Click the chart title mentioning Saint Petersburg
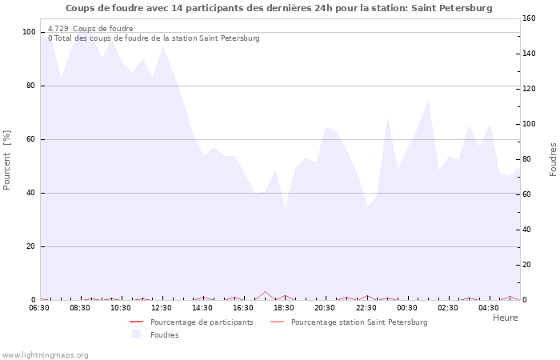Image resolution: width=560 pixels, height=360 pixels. tap(278, 8)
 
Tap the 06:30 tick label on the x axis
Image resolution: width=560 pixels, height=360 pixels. tap(39, 307)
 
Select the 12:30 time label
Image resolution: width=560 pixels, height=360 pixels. tap(162, 307)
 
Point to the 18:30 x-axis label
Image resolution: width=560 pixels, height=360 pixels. tap(284, 307)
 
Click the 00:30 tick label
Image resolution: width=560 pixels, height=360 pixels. tap(407, 307)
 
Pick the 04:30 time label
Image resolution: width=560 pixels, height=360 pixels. tap(489, 307)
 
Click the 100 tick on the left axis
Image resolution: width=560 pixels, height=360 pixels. tap(29, 32)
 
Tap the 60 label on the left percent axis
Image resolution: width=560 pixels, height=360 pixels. tap(30, 139)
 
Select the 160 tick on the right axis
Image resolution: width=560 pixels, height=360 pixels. tap(529, 18)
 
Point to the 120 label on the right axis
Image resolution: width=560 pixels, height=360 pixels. tap(529, 89)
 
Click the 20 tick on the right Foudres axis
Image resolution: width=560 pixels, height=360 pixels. tap(527, 265)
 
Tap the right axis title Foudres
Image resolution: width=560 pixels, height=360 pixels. tap(553, 159)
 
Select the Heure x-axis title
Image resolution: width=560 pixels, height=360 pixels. tap(505, 318)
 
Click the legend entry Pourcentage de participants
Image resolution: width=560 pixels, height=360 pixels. tap(202, 322)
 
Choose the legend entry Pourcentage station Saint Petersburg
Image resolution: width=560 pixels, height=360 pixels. tap(359, 322)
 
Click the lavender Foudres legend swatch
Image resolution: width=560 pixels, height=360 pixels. tap(136, 334)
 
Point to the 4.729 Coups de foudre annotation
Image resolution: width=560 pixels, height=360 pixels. tap(90, 29)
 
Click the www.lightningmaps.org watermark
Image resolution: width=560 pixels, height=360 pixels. tap(45, 354)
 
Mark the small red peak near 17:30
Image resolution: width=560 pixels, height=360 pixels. tap(265, 292)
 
